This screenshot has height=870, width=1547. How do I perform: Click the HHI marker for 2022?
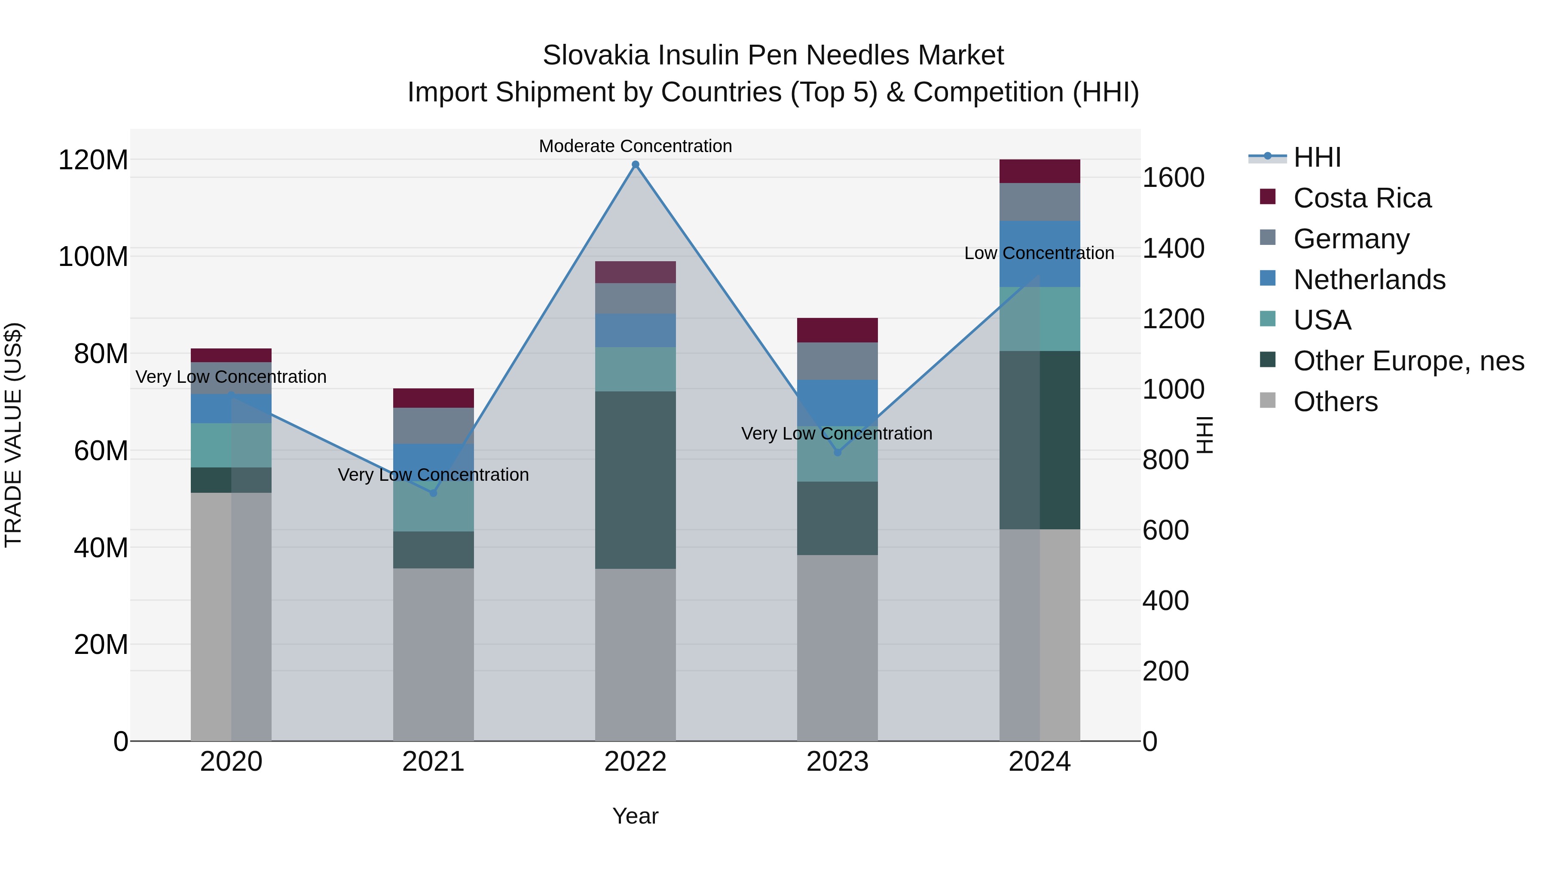636,165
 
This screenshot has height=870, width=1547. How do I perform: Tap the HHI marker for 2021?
433,493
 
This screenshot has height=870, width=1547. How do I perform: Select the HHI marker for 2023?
838,452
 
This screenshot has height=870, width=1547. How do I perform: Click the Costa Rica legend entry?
1362,198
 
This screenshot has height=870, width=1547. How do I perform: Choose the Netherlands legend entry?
1369,280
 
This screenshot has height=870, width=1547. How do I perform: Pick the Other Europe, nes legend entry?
1408,361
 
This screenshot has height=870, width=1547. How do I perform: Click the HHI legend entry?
1317,157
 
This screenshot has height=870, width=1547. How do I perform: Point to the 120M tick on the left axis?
93,160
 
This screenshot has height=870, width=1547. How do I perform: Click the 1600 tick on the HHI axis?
1173,178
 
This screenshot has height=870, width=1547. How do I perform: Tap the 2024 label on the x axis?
1039,762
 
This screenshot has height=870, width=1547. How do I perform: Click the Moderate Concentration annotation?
636,146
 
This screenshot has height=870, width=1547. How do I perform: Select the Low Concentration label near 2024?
1039,253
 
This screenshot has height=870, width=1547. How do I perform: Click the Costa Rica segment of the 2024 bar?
1039,171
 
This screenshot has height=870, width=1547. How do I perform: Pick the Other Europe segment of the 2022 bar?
636,480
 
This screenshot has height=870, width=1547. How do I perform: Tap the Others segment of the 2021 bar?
433,654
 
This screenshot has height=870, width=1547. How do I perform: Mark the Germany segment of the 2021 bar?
433,426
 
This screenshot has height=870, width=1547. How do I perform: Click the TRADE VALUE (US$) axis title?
14,435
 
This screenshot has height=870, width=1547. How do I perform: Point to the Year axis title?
636,816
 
